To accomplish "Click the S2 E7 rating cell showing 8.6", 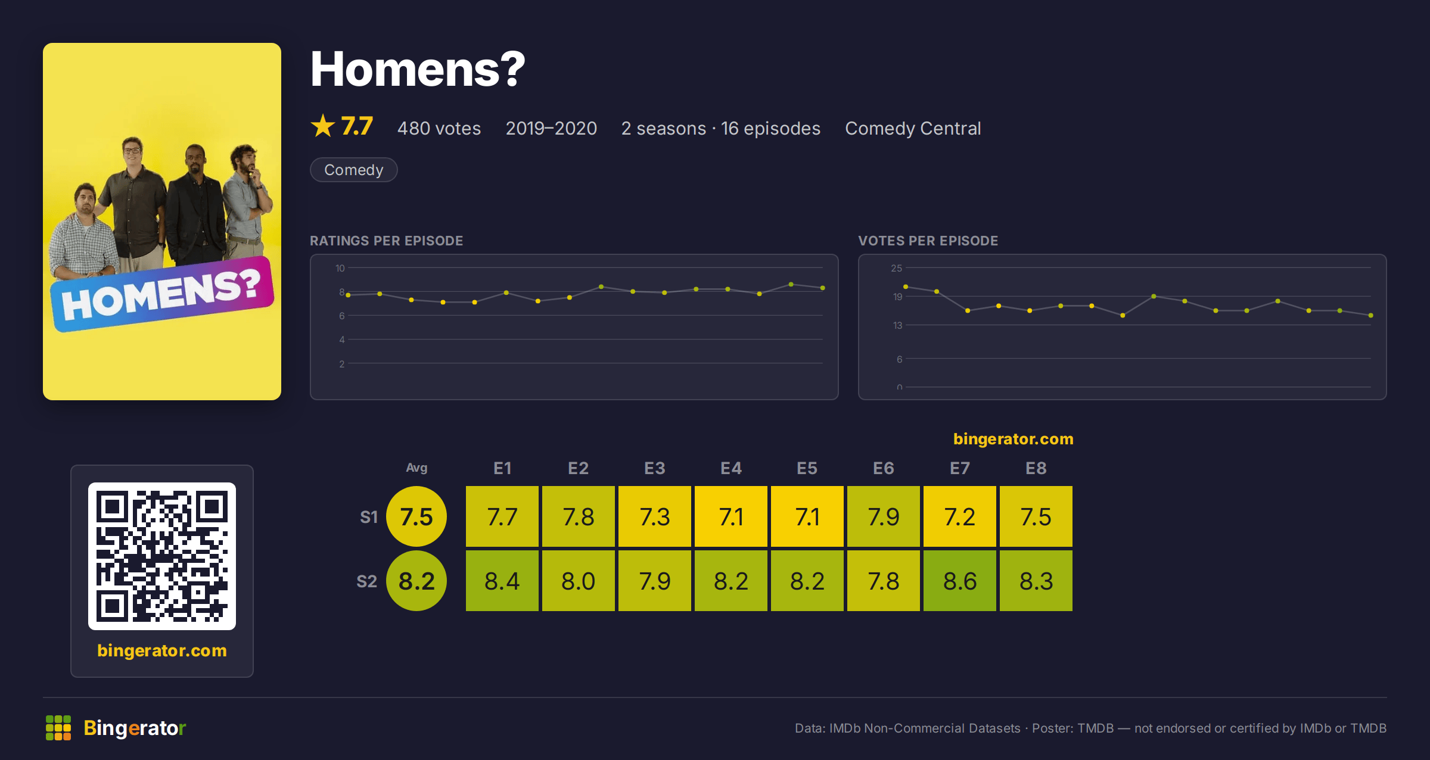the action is [x=959, y=581].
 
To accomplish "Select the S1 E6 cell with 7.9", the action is [x=883, y=516].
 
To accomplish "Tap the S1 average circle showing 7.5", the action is [x=416, y=516].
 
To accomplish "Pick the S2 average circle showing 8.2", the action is [x=416, y=581].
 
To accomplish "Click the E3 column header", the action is [x=654, y=468].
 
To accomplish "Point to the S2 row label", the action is [x=367, y=581].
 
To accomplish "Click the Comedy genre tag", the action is [x=354, y=170].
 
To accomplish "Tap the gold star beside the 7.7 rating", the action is [x=323, y=126].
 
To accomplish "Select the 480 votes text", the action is [x=439, y=128].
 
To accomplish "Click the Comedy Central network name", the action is [x=913, y=128].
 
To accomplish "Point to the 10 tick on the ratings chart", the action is [x=340, y=268].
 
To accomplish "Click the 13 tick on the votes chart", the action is [x=897, y=325].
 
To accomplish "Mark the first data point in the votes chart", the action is [x=906, y=287].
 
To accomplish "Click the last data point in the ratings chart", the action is [x=823, y=288].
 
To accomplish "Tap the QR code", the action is [x=162, y=556].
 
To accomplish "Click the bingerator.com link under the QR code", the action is [x=162, y=650].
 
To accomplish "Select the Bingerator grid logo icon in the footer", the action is [x=58, y=728].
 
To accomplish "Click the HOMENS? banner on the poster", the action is [x=162, y=294].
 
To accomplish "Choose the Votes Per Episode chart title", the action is [x=928, y=241].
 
